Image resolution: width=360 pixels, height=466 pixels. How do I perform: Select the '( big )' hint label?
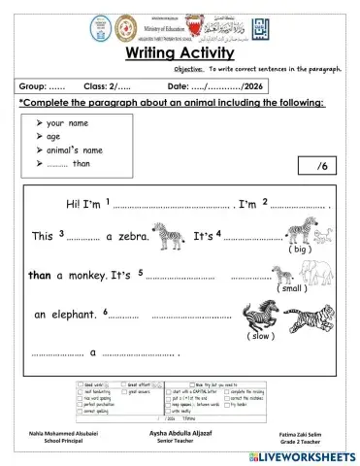coord(299,250)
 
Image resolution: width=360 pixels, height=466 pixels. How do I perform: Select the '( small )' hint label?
coord(291,288)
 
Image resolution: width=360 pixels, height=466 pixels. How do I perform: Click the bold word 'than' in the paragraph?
coord(40,276)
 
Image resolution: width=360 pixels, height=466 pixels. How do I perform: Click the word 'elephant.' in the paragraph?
coord(72,315)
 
